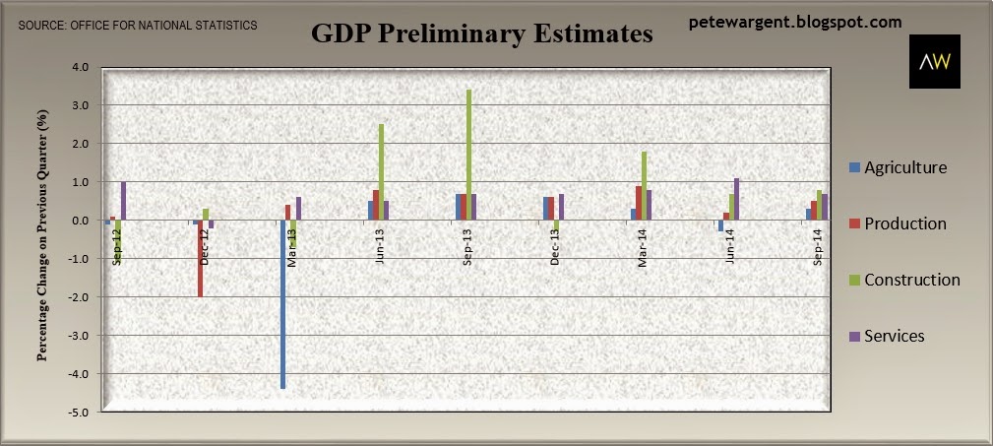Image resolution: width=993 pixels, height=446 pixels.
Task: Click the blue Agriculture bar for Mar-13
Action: [x=283, y=304]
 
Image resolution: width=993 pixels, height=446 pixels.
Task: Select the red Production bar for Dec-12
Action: [x=200, y=259]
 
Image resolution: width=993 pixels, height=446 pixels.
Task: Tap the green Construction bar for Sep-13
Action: [x=468, y=156]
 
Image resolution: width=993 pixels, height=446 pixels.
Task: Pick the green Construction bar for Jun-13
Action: [x=381, y=172]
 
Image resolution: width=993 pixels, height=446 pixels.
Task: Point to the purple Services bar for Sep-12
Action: [x=123, y=202]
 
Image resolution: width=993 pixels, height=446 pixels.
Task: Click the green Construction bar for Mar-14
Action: [x=644, y=186]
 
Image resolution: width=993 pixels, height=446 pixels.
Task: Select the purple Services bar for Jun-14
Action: [x=736, y=200]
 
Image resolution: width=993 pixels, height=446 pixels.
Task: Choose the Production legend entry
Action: [x=898, y=223]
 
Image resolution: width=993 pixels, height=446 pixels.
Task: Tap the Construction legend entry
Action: [x=905, y=280]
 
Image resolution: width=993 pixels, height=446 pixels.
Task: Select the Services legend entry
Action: [x=887, y=336]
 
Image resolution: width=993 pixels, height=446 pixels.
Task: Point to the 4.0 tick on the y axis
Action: [x=83, y=67]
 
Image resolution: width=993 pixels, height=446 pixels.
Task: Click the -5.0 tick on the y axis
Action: [x=81, y=413]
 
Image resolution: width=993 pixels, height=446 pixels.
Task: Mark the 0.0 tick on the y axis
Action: [x=83, y=221]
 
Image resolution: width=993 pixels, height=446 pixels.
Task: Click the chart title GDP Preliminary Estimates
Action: [x=482, y=34]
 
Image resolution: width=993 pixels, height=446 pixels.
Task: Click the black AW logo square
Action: [x=935, y=61]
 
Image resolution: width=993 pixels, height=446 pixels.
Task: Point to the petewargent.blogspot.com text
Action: [x=795, y=23]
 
